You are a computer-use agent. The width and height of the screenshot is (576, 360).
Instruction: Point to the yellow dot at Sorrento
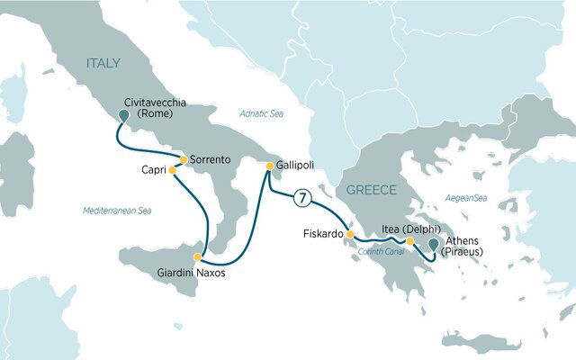tap(184, 160)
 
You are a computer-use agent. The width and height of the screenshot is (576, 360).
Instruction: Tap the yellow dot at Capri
tap(172, 169)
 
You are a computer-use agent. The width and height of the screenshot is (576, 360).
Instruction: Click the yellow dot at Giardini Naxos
tap(197, 256)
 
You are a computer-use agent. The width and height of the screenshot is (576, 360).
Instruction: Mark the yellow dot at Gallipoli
tap(268, 165)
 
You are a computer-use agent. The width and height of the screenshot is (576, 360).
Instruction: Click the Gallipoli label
tap(296, 166)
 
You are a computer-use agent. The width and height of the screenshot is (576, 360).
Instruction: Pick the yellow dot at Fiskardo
tap(350, 235)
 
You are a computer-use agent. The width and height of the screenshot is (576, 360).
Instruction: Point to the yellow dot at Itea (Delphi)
tap(409, 241)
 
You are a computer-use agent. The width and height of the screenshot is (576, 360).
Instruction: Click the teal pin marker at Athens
tap(434, 244)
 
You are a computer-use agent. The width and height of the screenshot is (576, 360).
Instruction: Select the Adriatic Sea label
tap(262, 112)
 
